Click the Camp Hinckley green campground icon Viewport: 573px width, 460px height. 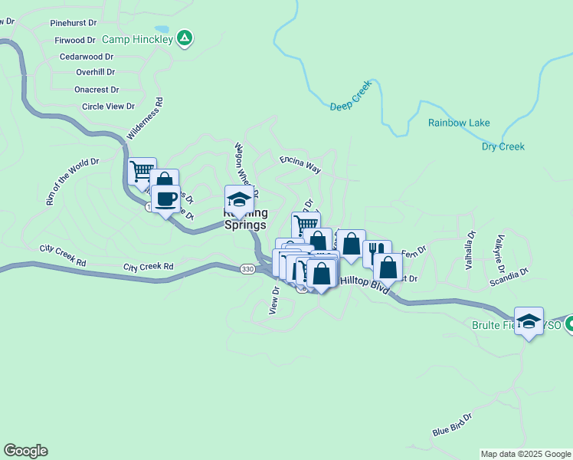184,37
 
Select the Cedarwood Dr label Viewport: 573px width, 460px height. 87,56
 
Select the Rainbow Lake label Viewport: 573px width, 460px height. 459,123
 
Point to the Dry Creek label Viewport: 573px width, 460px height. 503,146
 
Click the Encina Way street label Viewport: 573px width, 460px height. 300,164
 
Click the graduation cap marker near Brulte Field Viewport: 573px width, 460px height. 529,321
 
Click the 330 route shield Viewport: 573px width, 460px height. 247,269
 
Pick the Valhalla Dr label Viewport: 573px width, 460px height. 470,251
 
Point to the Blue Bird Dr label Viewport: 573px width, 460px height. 451,424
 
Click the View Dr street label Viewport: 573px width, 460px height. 273,301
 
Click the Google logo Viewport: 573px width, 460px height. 25,451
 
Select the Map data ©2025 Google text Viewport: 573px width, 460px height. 526,454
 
